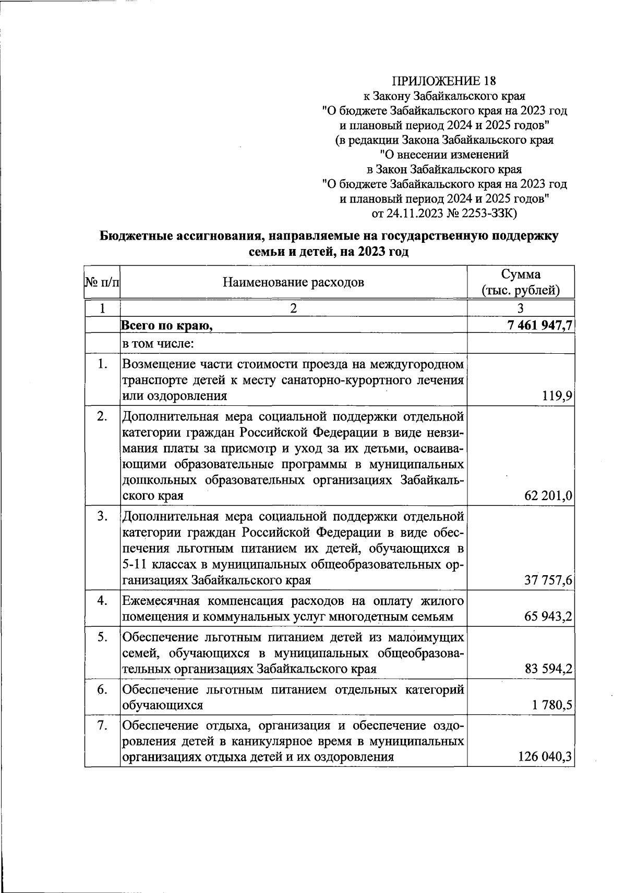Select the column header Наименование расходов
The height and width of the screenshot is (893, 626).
[x=293, y=282]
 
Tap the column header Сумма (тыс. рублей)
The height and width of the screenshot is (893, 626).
[x=521, y=282]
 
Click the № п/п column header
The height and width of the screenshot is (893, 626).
[x=102, y=283]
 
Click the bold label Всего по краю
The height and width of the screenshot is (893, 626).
[x=167, y=326]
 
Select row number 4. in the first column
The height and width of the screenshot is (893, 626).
[x=102, y=601]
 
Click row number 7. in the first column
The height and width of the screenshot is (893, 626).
[x=102, y=725]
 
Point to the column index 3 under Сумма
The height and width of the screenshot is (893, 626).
[x=520, y=308]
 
